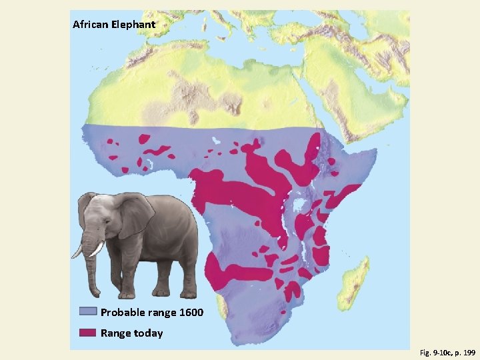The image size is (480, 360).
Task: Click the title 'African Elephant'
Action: tap(114, 25)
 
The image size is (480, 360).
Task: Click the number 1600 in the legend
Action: tap(190, 313)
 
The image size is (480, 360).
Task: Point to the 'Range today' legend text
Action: tap(131, 333)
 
